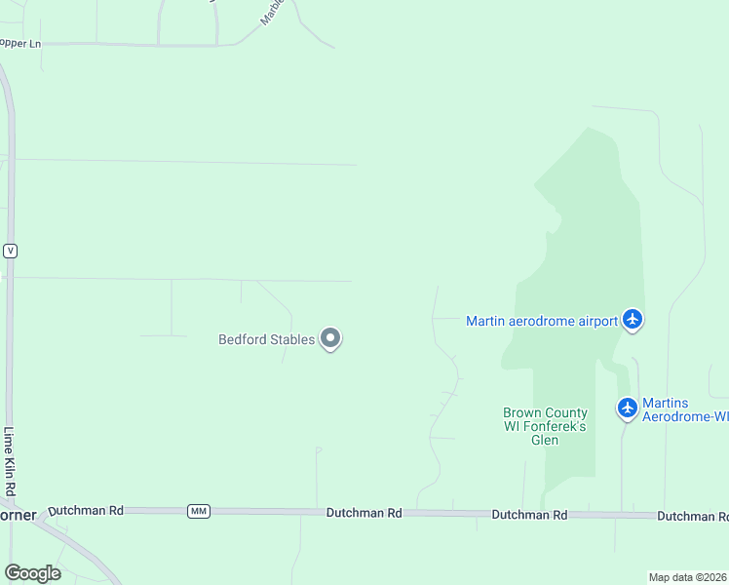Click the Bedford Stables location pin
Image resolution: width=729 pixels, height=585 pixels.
tap(330, 338)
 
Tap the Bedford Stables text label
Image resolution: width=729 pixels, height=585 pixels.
tap(266, 340)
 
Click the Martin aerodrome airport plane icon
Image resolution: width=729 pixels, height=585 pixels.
tap(633, 319)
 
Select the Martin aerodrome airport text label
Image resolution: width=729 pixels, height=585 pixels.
tap(542, 321)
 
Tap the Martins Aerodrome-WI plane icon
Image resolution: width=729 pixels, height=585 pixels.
tap(628, 408)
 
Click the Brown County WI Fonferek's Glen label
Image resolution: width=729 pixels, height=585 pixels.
tap(545, 426)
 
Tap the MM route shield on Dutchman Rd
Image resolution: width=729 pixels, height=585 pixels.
tap(199, 511)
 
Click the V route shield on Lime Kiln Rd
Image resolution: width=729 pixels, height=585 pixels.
tap(10, 251)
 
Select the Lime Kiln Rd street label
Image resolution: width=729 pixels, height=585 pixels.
tap(9, 461)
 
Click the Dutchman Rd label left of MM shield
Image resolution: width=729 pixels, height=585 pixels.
tap(86, 510)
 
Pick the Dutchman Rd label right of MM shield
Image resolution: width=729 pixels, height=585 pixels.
tap(364, 512)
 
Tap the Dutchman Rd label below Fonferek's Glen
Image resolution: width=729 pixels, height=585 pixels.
tap(529, 514)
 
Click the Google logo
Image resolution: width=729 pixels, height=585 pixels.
tap(32, 572)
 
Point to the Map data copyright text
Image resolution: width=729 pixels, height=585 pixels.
tap(688, 577)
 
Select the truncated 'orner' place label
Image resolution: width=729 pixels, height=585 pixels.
tap(18, 515)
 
